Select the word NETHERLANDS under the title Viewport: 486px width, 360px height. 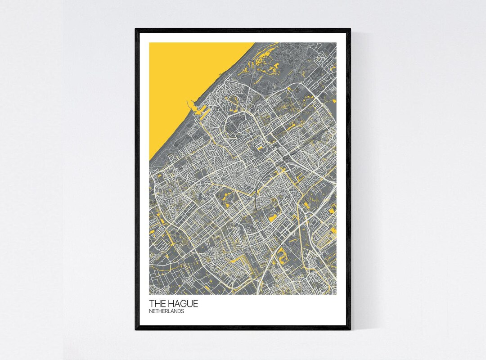pos(166,311)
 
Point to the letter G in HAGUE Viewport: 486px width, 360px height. pos(183,304)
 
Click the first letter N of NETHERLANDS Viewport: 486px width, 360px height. pos(151,311)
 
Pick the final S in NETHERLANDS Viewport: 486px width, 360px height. pos(182,311)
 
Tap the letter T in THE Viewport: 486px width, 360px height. pos(152,304)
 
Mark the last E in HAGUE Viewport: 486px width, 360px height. pos(195,304)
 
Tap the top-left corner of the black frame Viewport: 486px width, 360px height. pos(136,29)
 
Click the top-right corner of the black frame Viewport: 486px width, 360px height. pos(350,29)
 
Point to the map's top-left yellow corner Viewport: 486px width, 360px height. pos(150,43)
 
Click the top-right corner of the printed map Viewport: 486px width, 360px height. pos(336,43)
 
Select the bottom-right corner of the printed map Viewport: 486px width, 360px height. pos(336,294)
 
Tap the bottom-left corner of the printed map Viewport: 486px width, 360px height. pos(150,294)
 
